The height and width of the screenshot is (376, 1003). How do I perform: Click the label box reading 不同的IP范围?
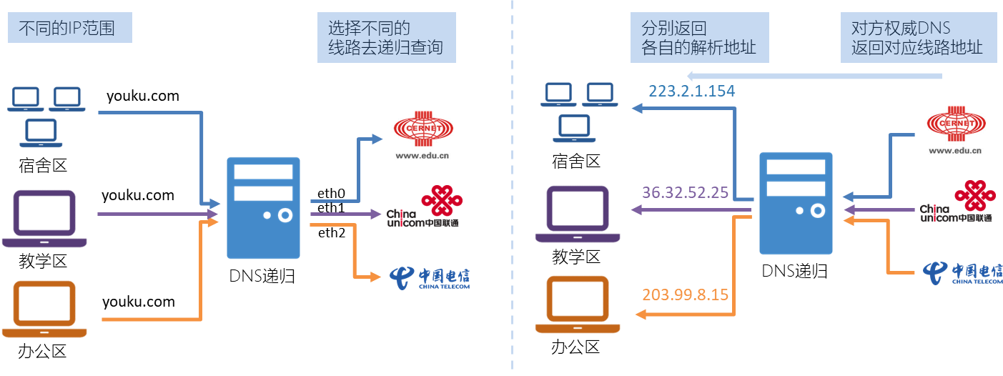coord(70,29)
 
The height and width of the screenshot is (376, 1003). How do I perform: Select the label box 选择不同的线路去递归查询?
coord(386,39)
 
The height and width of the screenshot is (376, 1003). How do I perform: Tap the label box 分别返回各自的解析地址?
coord(698,39)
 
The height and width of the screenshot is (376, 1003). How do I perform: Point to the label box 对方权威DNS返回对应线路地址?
coord(916,39)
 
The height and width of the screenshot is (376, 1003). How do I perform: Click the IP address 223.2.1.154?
coord(691,91)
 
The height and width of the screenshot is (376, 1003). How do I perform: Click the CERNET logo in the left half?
coord(422,134)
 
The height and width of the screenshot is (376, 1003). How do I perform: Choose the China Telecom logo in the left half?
coord(429,277)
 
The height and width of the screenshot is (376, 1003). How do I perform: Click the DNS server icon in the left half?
coord(263,207)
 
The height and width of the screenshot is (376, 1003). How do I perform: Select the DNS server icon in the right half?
coord(796,203)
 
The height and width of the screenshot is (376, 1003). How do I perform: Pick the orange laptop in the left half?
coord(44,309)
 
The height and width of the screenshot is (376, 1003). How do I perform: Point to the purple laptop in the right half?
coord(578,214)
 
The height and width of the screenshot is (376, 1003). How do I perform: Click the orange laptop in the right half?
coord(578,305)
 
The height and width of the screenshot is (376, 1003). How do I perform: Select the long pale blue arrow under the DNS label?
coord(815,76)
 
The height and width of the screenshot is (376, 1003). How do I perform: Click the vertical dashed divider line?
coord(513,188)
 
